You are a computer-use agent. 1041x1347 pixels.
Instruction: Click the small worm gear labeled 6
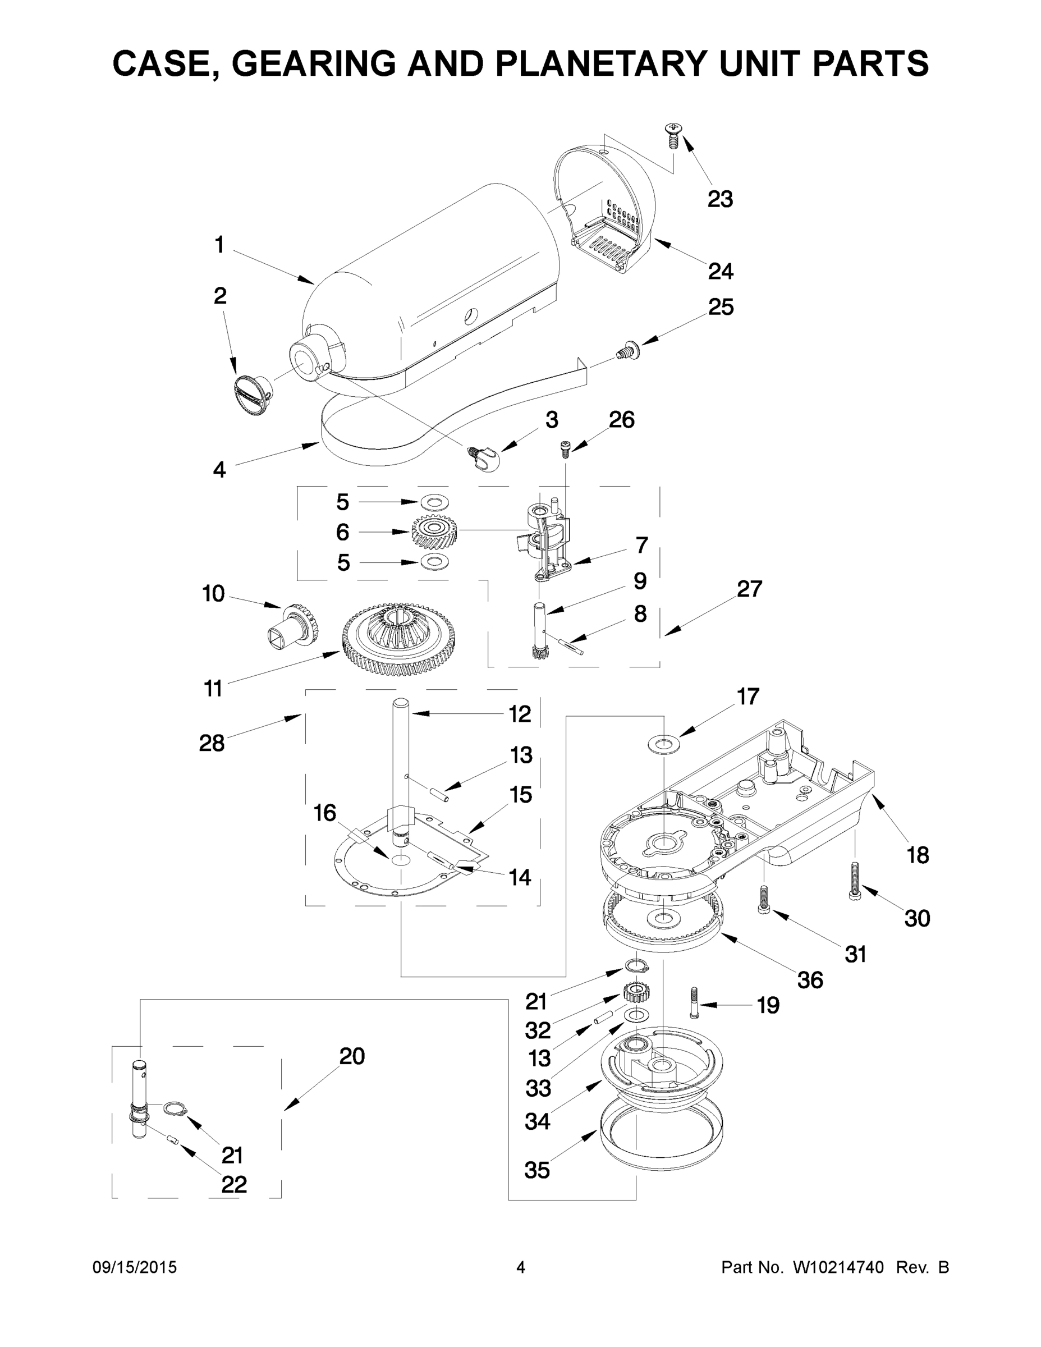pos(434,531)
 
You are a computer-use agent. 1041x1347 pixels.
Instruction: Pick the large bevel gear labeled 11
pos(398,636)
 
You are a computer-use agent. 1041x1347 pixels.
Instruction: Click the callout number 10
pos(213,594)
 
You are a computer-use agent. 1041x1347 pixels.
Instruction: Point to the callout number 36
pos(810,979)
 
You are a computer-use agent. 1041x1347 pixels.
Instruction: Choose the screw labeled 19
pos(695,1003)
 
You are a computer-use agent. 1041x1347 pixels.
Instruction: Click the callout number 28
pos(212,743)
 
